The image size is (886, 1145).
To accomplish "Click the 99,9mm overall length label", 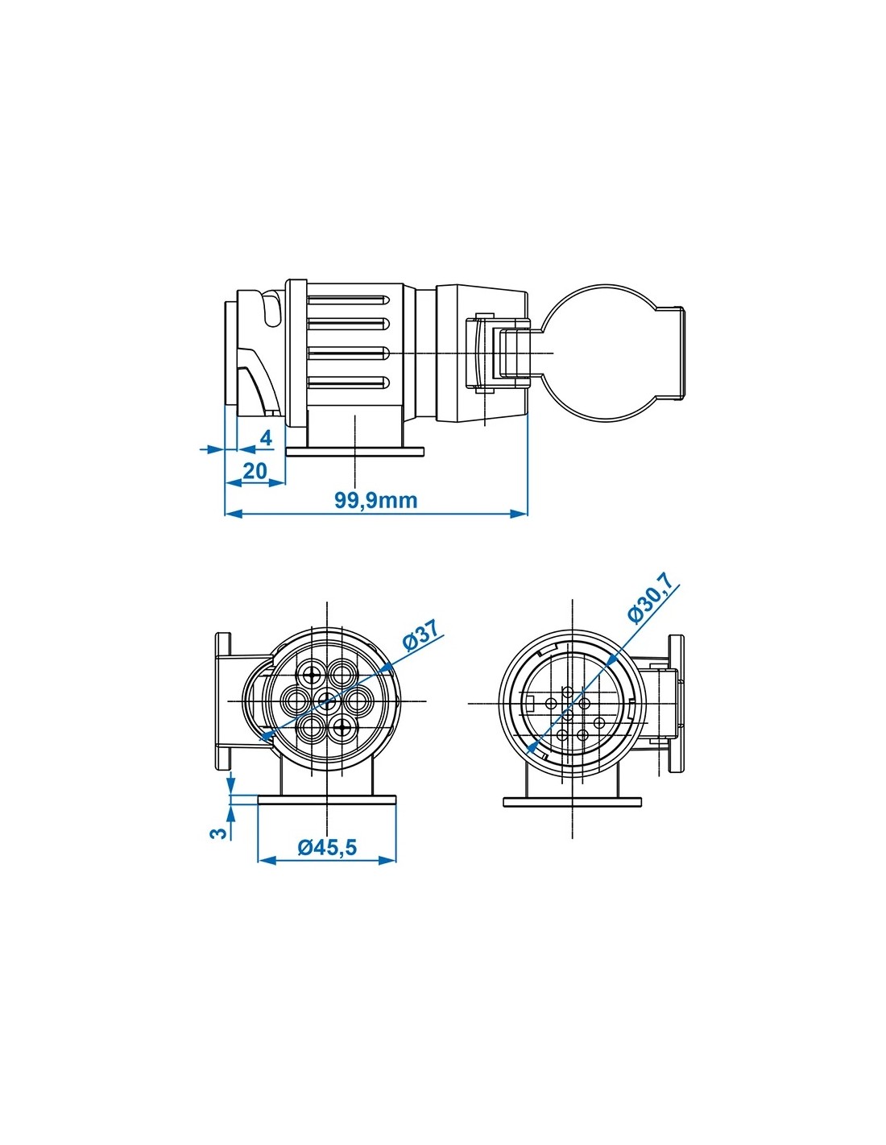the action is pos(375,499).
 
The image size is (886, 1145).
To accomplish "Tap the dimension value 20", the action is pos(255,470).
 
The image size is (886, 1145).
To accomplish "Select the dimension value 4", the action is pos(267,438).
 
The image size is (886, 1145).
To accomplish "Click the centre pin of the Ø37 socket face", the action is pos(327,701).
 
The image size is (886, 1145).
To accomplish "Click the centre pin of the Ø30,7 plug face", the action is pos(567,714).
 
